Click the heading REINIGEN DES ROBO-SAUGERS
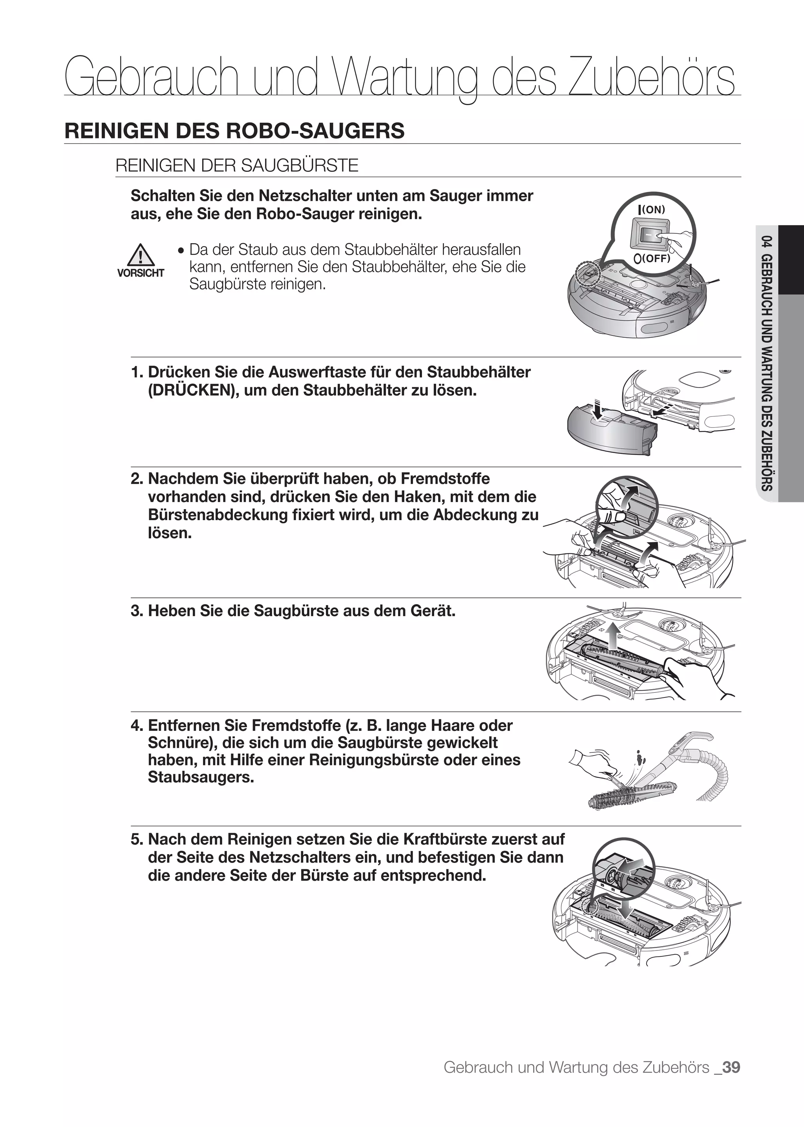[234, 131]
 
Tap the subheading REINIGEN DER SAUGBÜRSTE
[237, 165]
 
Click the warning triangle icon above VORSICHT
[141, 255]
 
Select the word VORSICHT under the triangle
[141, 273]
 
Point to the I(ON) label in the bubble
[652, 209]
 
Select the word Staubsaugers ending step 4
[201, 777]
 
